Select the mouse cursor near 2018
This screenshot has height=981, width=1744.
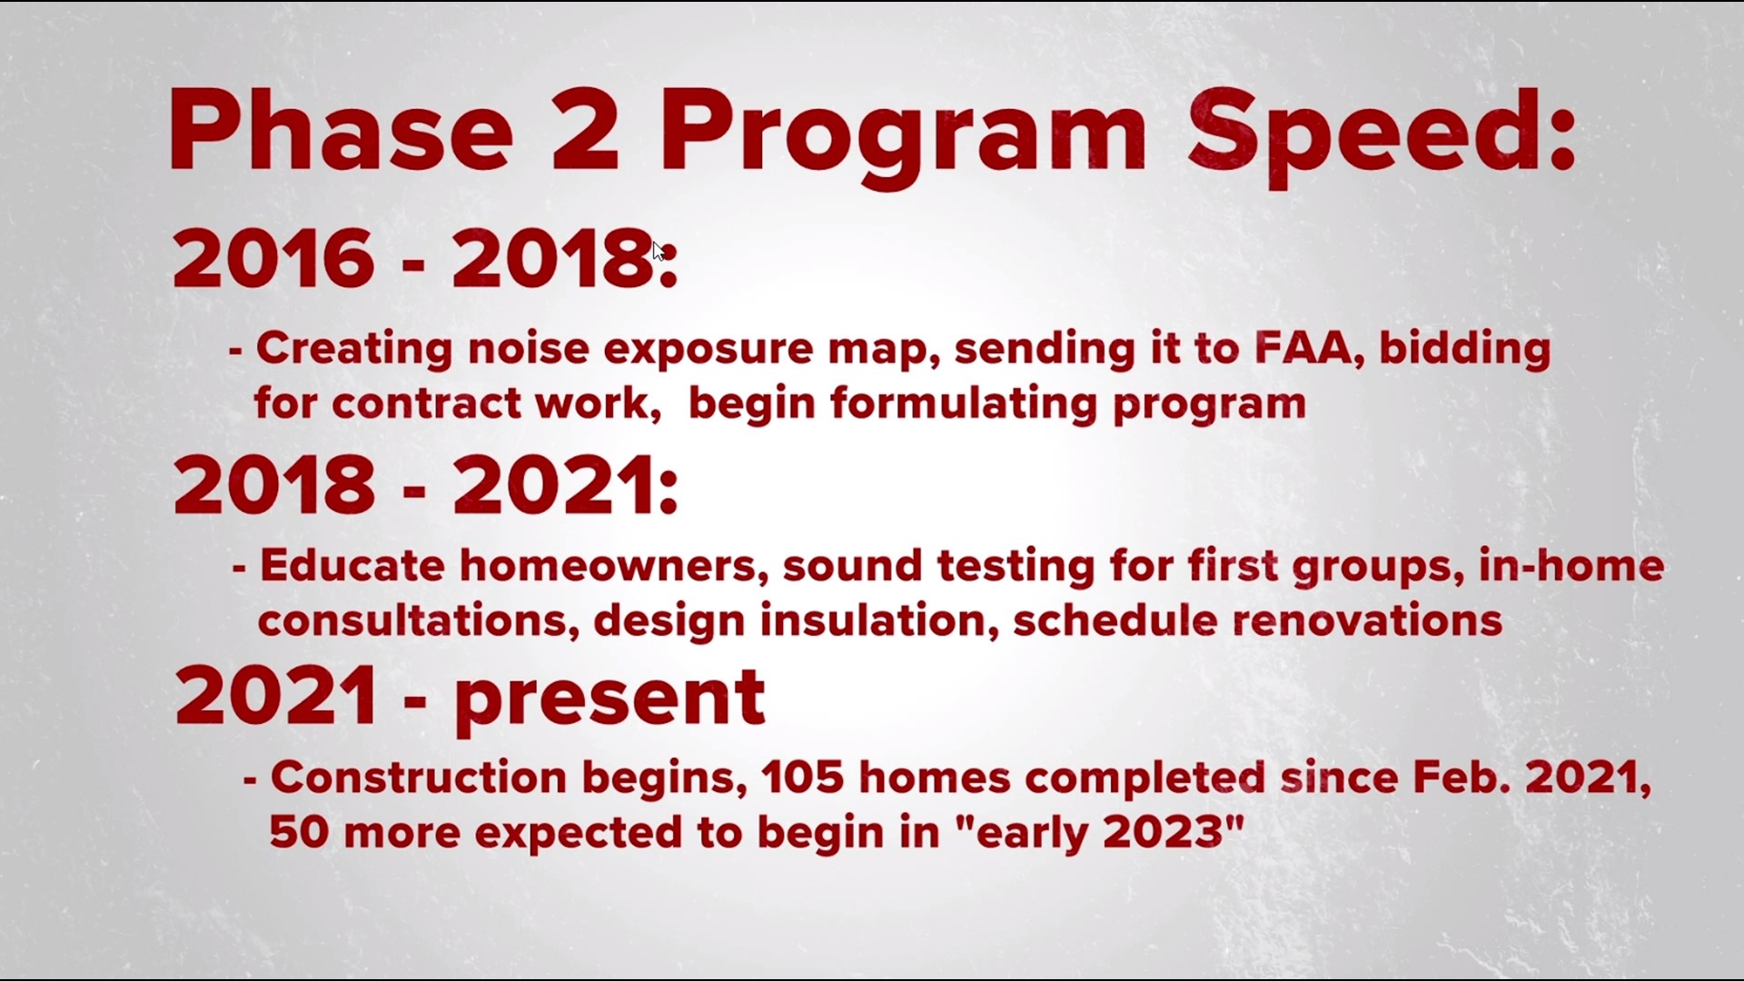[659, 252]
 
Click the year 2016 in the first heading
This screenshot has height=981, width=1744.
[273, 259]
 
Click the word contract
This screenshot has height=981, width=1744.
[426, 403]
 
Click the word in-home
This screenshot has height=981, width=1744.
[1571, 566]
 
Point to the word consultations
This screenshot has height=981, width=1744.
[419, 621]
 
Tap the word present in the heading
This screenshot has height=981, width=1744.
[609, 699]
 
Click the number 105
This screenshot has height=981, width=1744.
[803, 778]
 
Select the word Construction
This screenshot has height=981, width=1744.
[419, 778]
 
